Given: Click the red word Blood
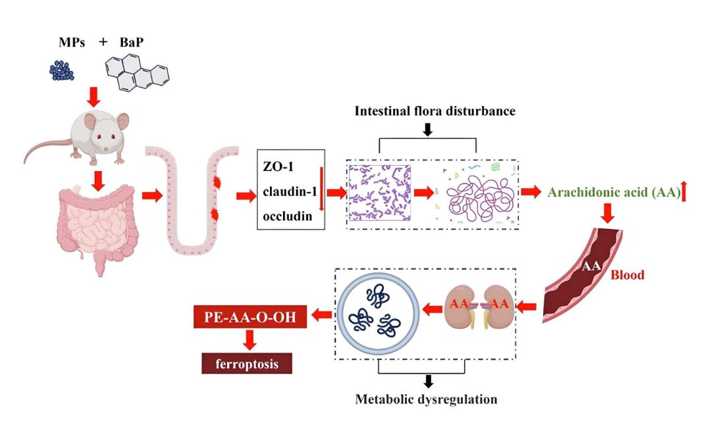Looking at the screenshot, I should (x=626, y=275).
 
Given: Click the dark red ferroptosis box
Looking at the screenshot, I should (x=247, y=363).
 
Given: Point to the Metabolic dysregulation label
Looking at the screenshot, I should (x=427, y=399).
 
